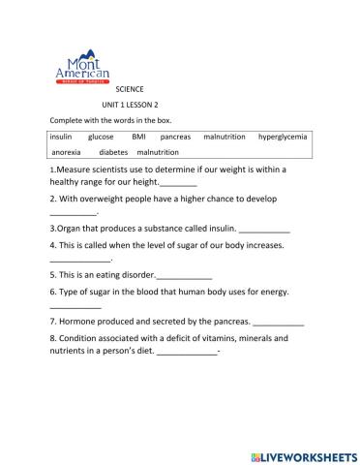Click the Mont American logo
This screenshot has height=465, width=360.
tap(82, 69)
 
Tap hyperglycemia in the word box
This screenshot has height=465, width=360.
tap(283, 138)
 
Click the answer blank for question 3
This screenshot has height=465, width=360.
tap(263, 231)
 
